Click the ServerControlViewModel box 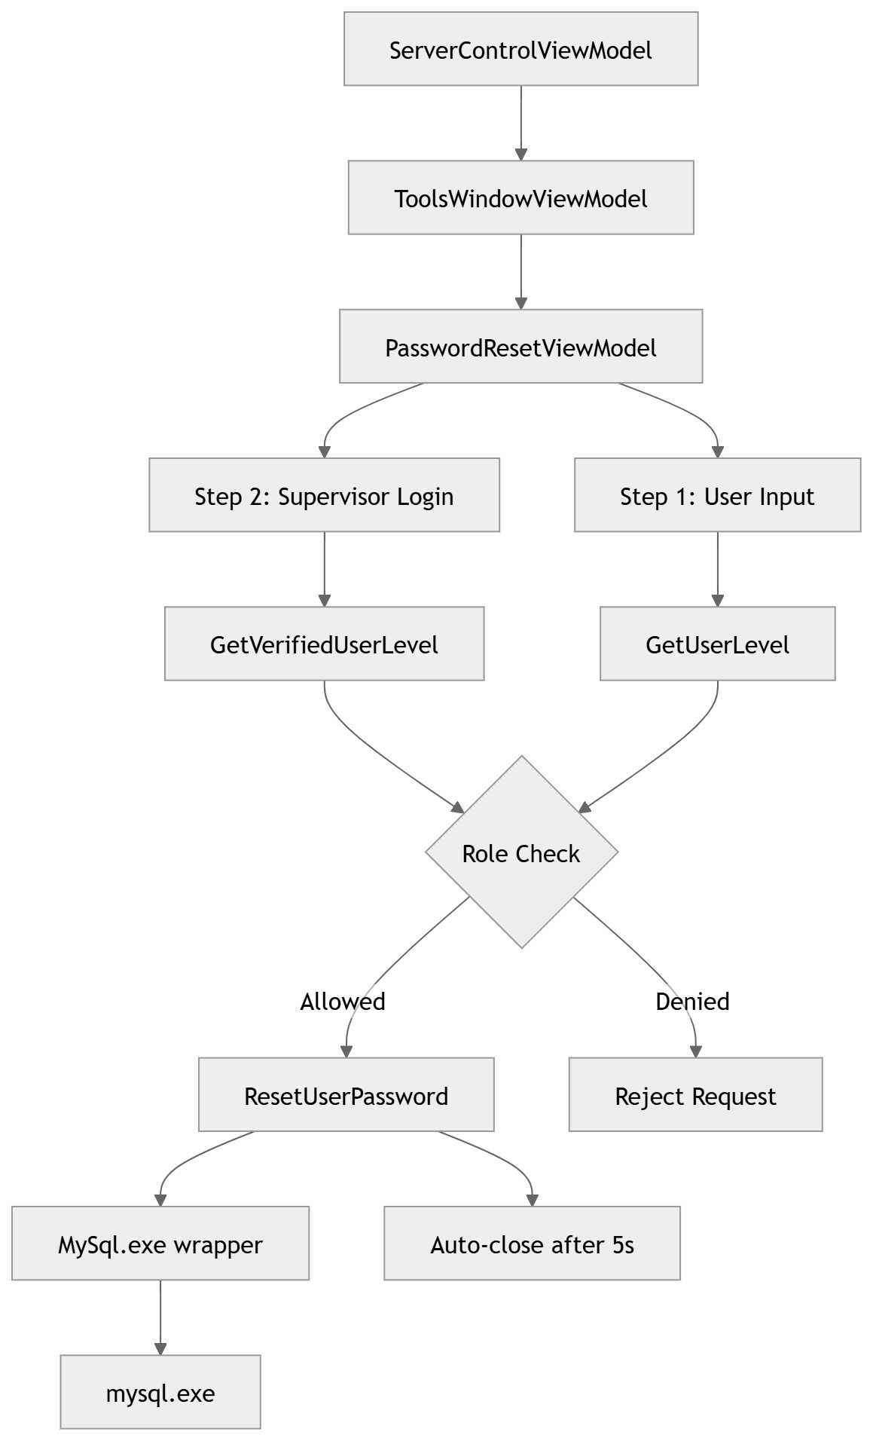[x=520, y=50]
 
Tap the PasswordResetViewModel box [x=520, y=347]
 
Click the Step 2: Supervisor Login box [x=324, y=496]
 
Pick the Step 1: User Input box [x=717, y=496]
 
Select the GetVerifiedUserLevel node [x=324, y=644]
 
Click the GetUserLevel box [x=717, y=644]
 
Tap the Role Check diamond [x=521, y=852]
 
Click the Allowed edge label [x=342, y=1002]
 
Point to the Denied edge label [x=692, y=1002]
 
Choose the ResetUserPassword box [x=346, y=1095]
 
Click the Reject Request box [x=694, y=1095]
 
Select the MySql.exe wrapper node [x=160, y=1244]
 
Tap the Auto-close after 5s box [x=532, y=1244]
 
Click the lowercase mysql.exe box [x=160, y=1393]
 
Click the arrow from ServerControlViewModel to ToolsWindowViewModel [x=520, y=121]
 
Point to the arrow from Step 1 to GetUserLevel [x=717, y=569]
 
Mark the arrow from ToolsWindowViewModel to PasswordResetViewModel [x=520, y=270]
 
